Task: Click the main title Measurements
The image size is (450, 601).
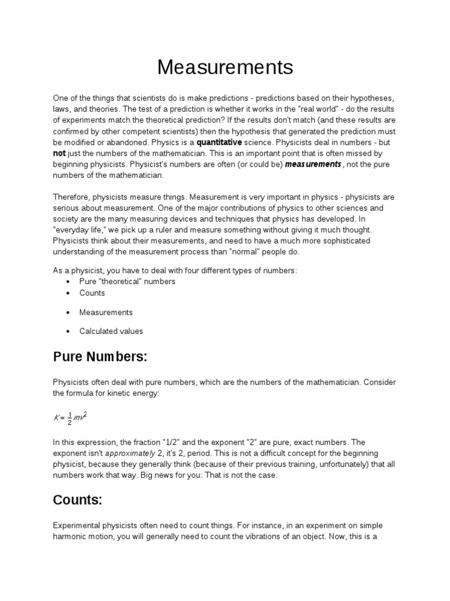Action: pos(225,67)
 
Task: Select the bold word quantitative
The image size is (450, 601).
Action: pos(219,143)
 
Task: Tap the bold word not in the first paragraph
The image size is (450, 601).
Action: pos(60,153)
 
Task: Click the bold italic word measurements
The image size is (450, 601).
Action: pos(312,164)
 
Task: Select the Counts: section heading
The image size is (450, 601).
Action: pos(77,500)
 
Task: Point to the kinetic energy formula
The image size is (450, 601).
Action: pos(70,417)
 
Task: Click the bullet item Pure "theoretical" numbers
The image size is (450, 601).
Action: pos(127,281)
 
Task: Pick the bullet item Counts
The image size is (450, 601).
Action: pos(92,293)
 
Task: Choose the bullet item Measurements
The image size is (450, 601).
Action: pos(106,312)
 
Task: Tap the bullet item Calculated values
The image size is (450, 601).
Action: pos(111,331)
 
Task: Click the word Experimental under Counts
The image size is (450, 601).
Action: pos(77,525)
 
